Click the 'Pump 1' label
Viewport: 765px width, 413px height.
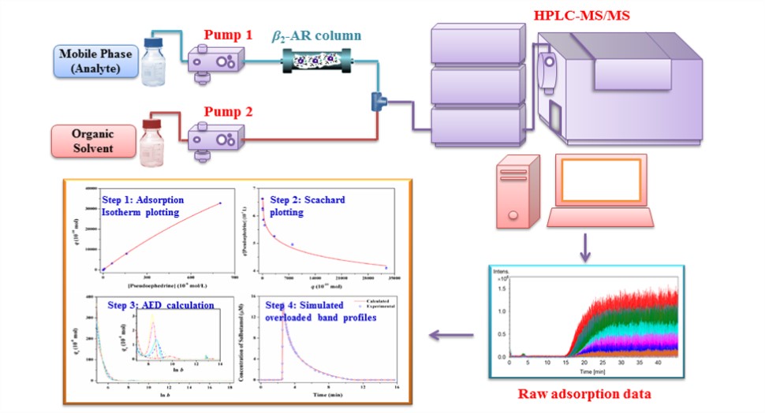pyautogui.click(x=229, y=35)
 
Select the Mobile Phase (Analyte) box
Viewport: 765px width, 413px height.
pyautogui.click(x=94, y=59)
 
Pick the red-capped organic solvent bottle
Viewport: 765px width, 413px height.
pyautogui.click(x=151, y=142)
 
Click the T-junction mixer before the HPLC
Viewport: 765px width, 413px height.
pyautogui.click(x=376, y=101)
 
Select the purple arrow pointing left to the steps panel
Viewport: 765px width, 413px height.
pyautogui.click(x=451, y=337)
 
